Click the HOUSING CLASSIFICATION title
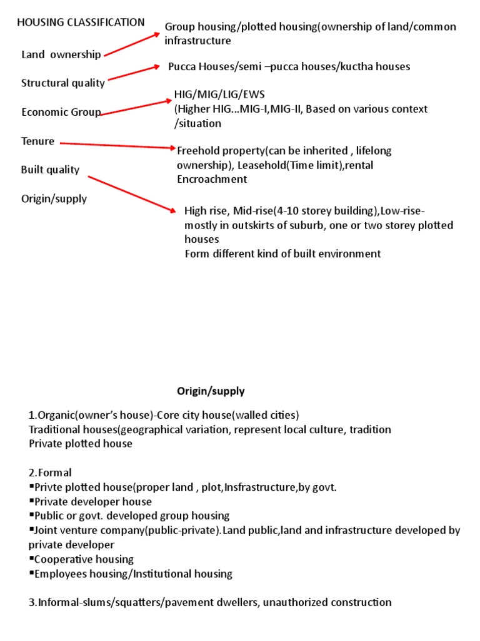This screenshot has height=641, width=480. coord(81,23)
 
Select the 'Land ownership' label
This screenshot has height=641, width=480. coord(61,54)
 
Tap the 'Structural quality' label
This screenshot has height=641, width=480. coord(63,83)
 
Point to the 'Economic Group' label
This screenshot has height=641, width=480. coord(61,113)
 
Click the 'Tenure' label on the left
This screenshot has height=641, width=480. coord(37,142)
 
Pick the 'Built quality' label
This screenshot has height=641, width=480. coord(50,170)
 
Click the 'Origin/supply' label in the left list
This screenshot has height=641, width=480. coord(54,199)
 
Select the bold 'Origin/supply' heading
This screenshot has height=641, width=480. coord(211,391)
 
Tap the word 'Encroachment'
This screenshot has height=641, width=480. coord(212,179)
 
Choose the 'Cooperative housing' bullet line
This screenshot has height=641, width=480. coord(84,559)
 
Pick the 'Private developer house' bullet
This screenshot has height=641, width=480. coord(92,501)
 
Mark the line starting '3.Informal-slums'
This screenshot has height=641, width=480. coord(210,602)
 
